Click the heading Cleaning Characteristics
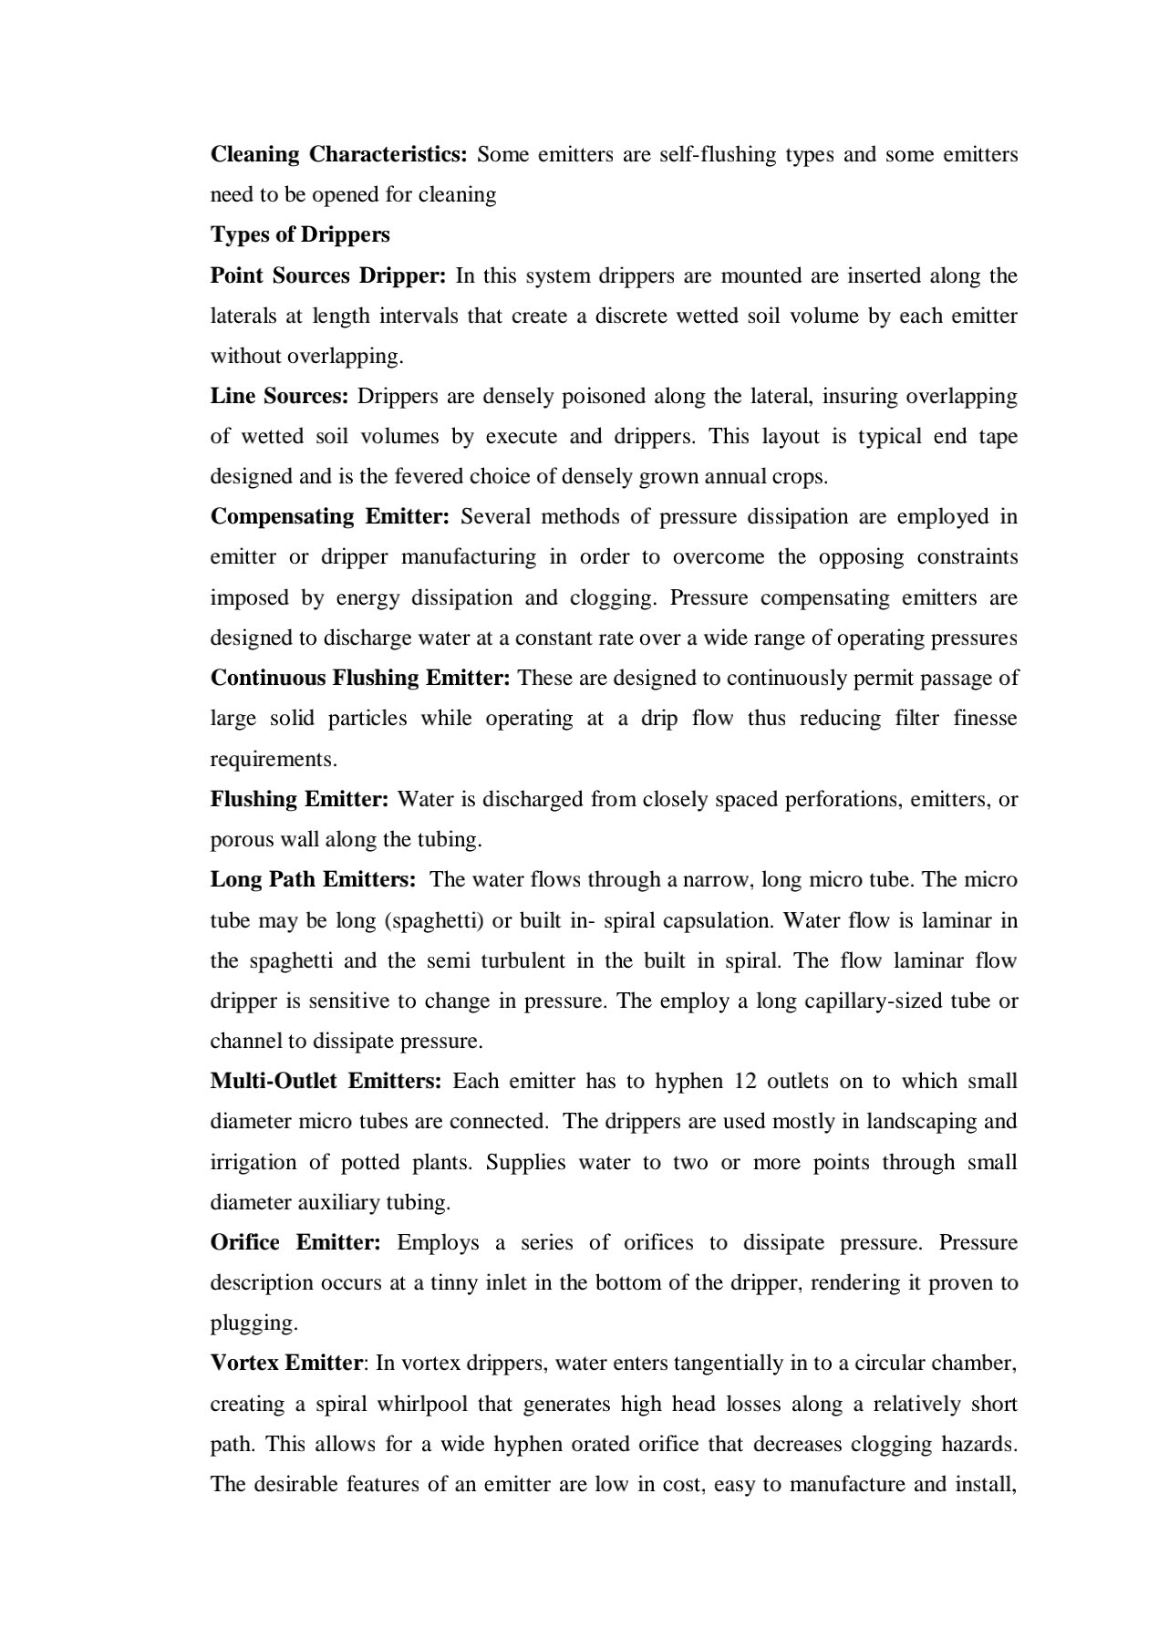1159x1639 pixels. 338,154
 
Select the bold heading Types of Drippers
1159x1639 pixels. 300,234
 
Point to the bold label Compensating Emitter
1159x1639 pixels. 330,516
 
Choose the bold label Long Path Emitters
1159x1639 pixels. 313,879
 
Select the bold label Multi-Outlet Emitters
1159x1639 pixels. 326,1081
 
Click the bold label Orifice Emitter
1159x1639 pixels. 295,1242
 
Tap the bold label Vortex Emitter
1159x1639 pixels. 286,1363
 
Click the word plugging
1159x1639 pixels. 254,1323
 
